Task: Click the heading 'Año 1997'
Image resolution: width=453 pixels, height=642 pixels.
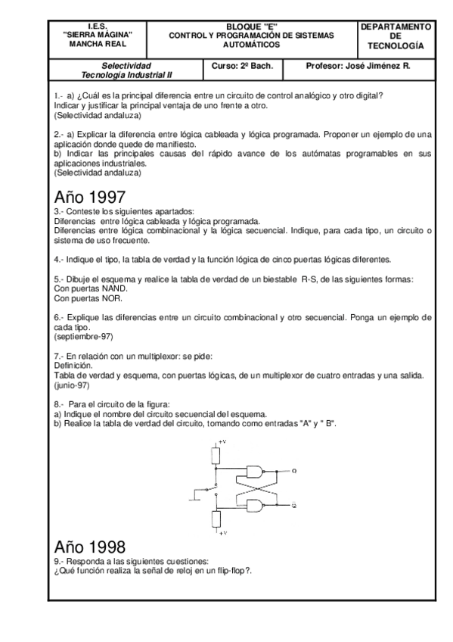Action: [x=91, y=197]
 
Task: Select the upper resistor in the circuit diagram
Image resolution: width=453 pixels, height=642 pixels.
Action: [x=217, y=455]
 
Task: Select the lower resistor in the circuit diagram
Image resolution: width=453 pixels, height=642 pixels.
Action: [x=217, y=519]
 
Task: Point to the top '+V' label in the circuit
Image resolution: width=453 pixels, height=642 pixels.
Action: [x=222, y=441]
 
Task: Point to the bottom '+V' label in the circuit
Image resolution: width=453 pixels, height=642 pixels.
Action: [x=222, y=533]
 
